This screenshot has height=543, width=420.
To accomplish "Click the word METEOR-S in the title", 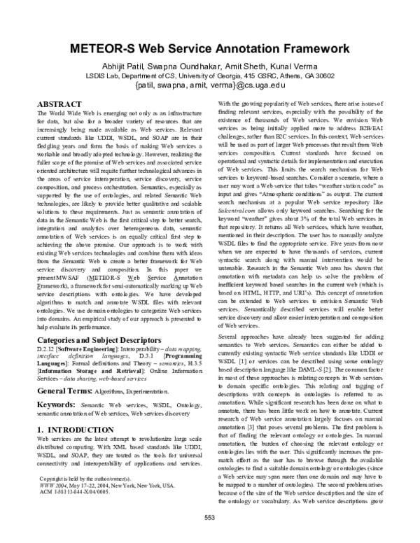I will (x=115, y=49).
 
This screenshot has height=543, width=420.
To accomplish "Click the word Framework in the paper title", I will (x=309, y=49).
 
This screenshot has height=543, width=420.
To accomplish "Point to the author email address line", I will (x=210, y=89).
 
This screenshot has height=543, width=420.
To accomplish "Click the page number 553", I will (x=209, y=535).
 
